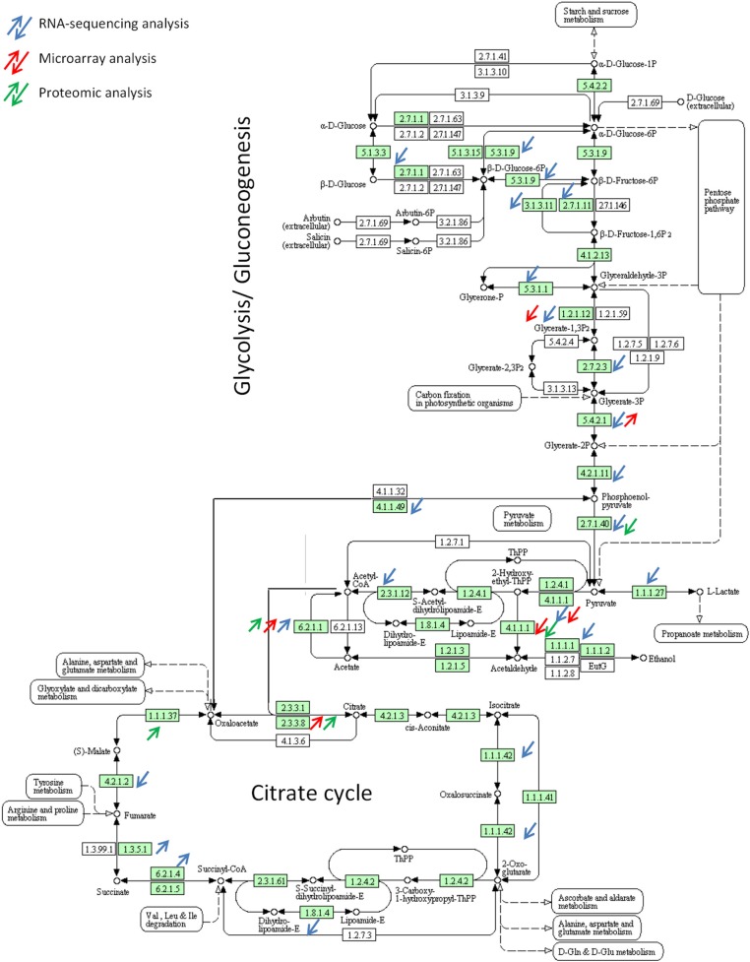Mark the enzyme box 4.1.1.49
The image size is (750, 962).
393,506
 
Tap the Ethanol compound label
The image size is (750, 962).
669,658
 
